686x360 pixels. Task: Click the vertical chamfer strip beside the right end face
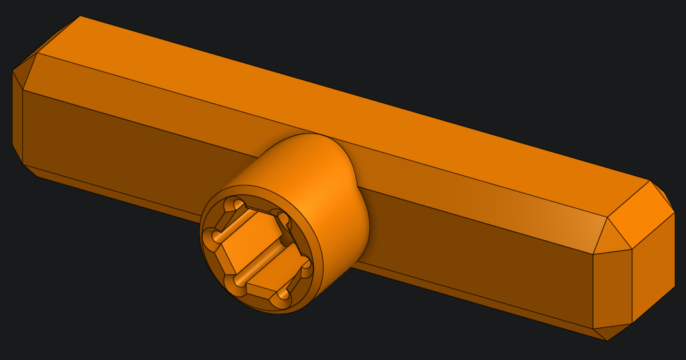pos(612,288)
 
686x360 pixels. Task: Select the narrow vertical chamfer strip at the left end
pos(18,118)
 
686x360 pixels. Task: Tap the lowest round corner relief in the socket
pos(280,300)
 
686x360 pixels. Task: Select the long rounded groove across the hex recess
pos(262,259)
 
